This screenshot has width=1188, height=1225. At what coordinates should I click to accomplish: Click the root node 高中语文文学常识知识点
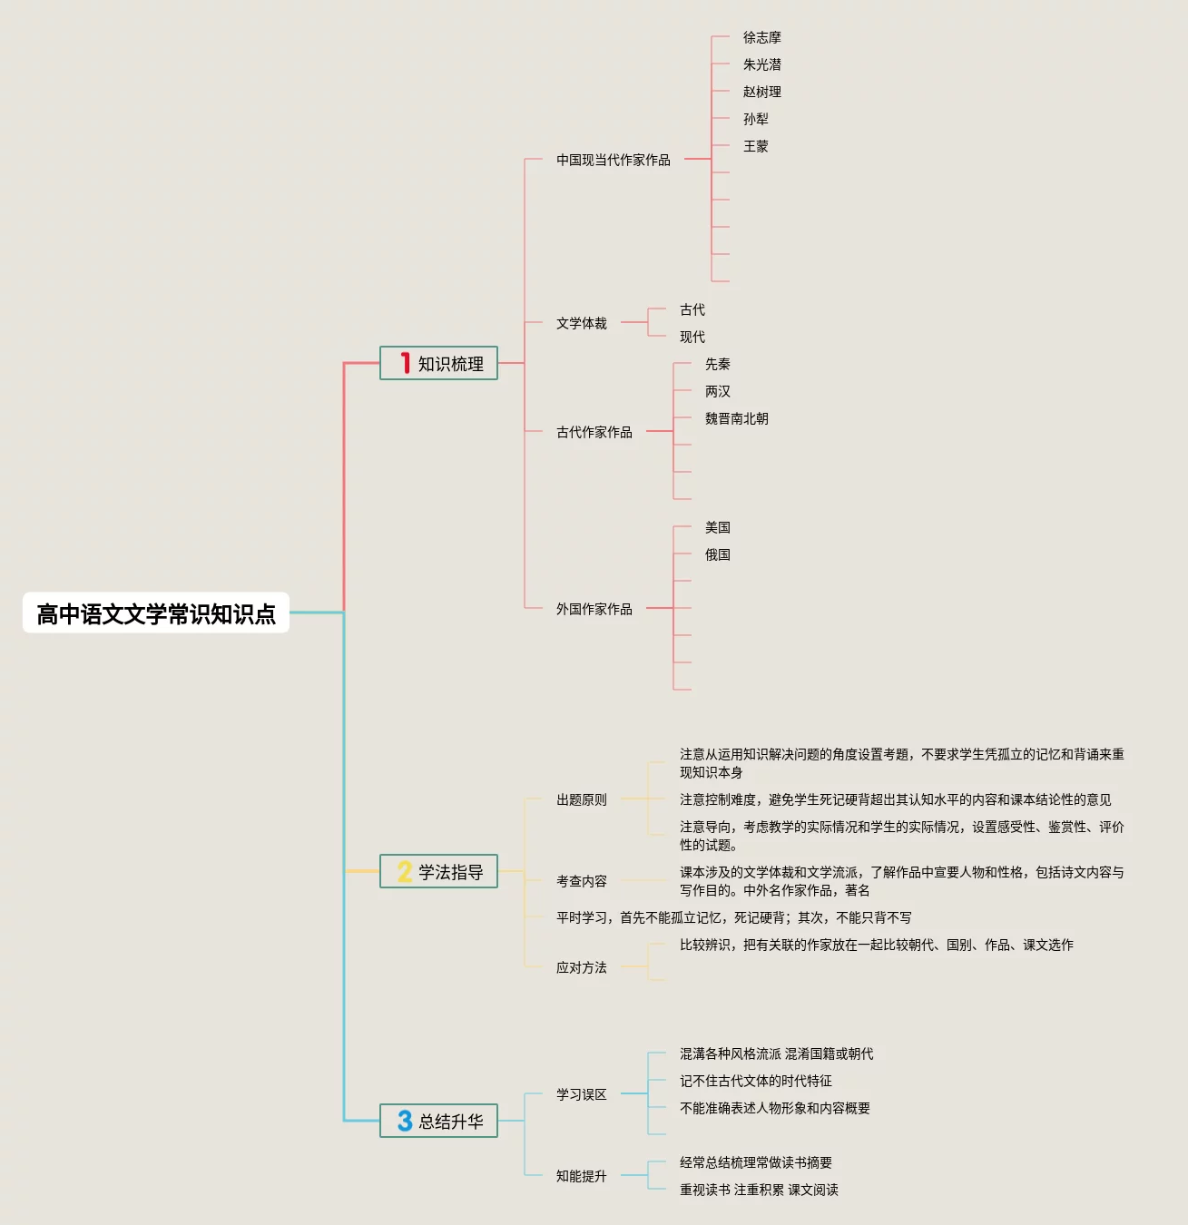(x=156, y=613)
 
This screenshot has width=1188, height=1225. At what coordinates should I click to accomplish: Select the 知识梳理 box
(x=438, y=363)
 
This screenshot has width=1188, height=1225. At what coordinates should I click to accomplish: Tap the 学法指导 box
(x=438, y=871)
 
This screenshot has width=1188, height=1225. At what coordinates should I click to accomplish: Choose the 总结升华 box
(x=438, y=1121)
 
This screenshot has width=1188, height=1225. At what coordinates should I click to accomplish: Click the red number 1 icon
(x=405, y=363)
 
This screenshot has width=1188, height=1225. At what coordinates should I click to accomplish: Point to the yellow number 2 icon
(x=405, y=871)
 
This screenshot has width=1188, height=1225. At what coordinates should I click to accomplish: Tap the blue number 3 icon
(x=405, y=1121)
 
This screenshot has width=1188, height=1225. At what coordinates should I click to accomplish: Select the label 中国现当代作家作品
(x=614, y=160)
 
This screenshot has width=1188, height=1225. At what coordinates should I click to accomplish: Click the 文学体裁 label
(x=582, y=323)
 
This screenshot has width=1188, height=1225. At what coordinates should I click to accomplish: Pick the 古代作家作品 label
(x=594, y=432)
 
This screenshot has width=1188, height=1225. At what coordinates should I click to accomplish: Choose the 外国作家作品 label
(x=594, y=609)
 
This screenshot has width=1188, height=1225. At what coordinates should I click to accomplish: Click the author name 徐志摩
(x=762, y=37)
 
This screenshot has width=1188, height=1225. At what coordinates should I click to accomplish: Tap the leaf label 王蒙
(x=756, y=146)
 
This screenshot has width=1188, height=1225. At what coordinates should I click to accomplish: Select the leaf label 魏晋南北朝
(x=737, y=418)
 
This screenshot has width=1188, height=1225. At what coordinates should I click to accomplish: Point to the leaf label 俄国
(x=718, y=554)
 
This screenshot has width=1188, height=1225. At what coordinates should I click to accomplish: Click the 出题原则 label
(x=582, y=799)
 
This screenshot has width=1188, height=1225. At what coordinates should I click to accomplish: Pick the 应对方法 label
(x=582, y=967)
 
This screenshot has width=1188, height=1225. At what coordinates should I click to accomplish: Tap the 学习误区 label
(x=582, y=1094)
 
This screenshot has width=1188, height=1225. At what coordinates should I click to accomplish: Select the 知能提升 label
(x=582, y=1176)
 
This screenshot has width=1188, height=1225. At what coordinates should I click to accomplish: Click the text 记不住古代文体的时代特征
(x=756, y=1081)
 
